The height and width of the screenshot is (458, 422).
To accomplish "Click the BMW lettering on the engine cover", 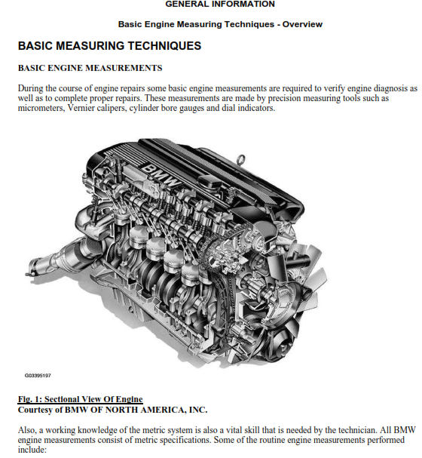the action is (x=161, y=175).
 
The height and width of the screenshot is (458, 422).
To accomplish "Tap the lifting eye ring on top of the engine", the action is (x=241, y=161).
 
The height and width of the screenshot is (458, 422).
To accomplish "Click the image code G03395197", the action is (x=38, y=375).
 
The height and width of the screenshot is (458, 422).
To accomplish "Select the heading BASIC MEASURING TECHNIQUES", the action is (x=110, y=46).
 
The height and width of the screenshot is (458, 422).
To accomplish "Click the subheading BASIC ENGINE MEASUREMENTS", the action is (x=90, y=68).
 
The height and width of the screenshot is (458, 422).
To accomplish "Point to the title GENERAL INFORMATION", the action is (x=220, y=4).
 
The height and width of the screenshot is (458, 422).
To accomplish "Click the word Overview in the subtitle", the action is (x=302, y=24).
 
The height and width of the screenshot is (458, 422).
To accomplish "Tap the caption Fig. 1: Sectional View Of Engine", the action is (x=81, y=399).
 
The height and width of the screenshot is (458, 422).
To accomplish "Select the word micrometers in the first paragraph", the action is (x=41, y=108).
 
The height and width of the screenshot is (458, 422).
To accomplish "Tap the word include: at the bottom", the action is (x=32, y=450).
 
